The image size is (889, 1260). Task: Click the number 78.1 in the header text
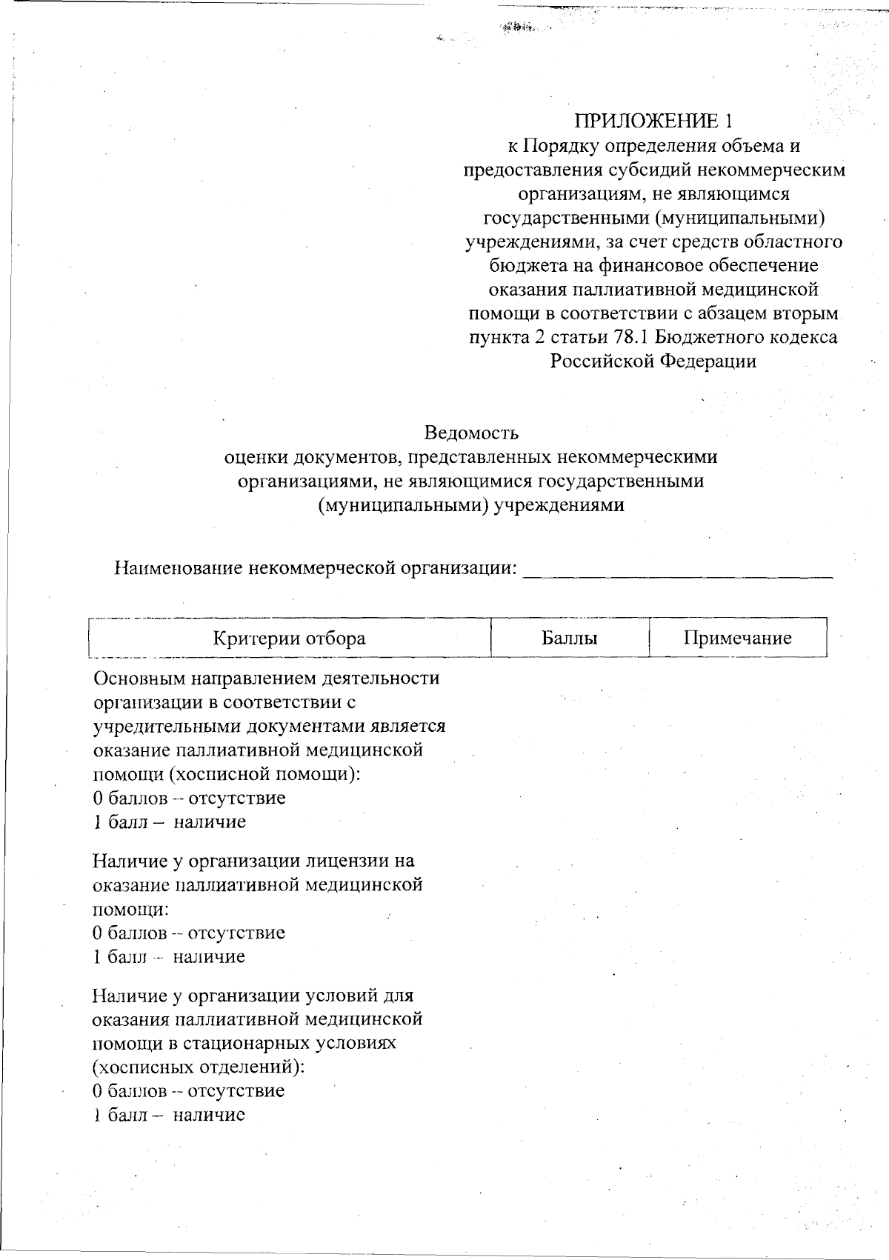(630, 337)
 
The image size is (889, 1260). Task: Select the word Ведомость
(471, 433)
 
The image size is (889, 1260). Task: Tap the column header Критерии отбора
(289, 639)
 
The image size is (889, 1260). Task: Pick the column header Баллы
(570, 639)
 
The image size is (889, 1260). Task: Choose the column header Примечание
(737, 639)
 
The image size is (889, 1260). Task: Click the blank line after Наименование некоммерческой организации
(678, 570)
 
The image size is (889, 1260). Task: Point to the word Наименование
(179, 569)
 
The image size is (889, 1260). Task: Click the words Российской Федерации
(653, 361)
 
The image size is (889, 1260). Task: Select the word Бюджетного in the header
(702, 337)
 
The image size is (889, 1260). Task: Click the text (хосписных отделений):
(199, 1067)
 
